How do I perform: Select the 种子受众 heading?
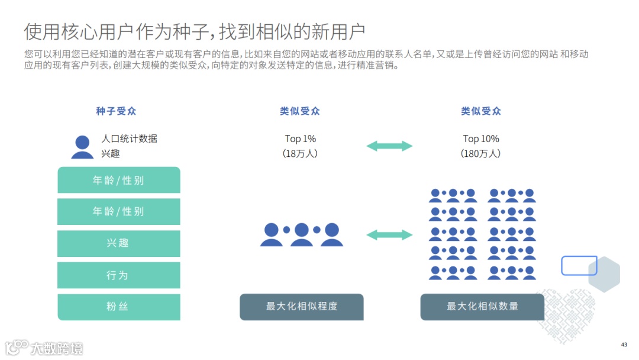click(x=117, y=111)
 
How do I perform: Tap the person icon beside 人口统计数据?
click(x=82, y=147)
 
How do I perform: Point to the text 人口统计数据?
click(x=129, y=139)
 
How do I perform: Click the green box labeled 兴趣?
click(x=118, y=243)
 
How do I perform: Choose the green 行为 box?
click(x=118, y=275)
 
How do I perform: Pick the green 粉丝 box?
click(x=118, y=307)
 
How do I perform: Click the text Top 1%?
click(x=301, y=139)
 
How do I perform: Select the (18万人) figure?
click(x=301, y=154)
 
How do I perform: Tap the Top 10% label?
click(x=481, y=139)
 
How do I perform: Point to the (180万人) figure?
click(x=481, y=154)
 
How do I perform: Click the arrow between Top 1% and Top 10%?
click(x=389, y=146)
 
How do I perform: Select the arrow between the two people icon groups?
click(x=389, y=235)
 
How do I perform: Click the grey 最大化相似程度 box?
click(x=302, y=307)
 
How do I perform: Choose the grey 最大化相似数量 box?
click(x=482, y=307)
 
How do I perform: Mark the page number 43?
click(x=624, y=345)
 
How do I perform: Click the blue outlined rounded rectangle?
click(x=579, y=266)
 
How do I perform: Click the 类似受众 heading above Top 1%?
click(x=300, y=111)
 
